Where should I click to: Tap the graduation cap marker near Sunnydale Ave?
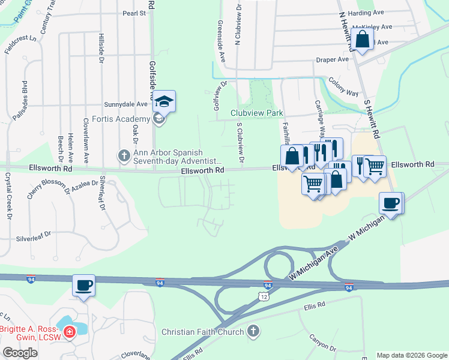pos(164,101)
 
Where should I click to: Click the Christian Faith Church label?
pos(203,332)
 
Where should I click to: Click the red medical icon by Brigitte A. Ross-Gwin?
pos(70,331)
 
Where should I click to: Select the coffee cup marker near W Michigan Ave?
pos(391,203)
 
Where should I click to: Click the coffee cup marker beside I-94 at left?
pos(83,285)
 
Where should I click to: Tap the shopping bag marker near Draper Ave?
pos(363,40)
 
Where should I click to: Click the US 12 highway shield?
pos(264,296)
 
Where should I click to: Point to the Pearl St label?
pos(134,13)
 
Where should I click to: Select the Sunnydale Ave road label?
pos(125,103)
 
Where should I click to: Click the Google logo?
pos(20,353)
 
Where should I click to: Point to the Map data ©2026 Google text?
pos(411,355)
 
